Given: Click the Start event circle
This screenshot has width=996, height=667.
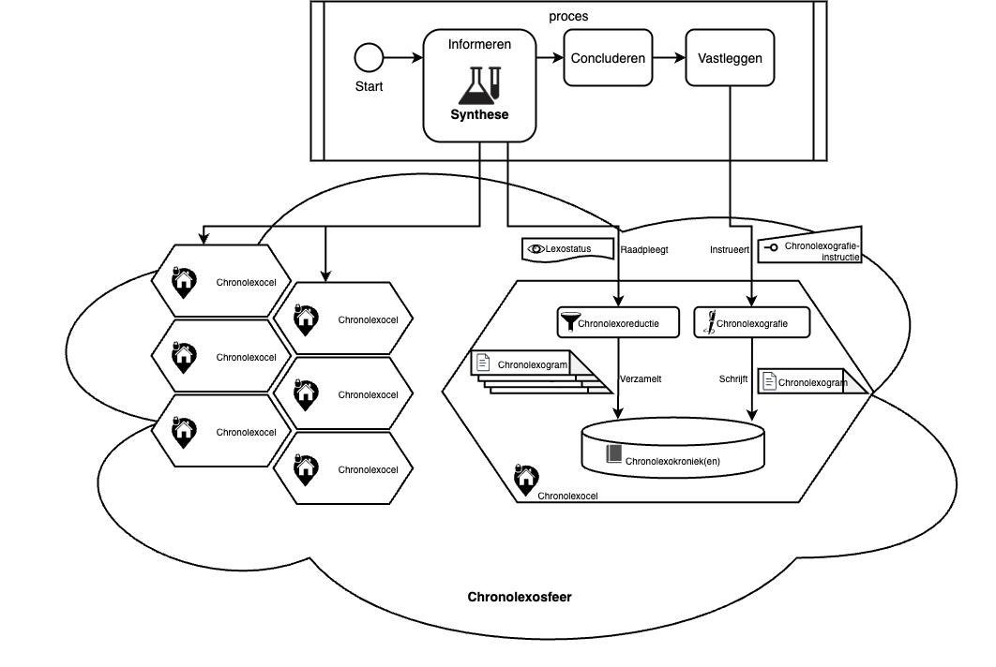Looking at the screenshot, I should [x=369, y=58].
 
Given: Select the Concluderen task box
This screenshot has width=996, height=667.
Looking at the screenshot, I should [x=608, y=57].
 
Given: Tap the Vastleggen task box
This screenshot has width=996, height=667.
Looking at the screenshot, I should [x=730, y=57].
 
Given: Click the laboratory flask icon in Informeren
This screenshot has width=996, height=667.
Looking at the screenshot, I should [x=478, y=85].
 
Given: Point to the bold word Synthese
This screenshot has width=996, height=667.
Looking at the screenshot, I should [x=478, y=115].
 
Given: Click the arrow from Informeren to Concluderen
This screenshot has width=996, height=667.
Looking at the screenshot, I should [x=550, y=58].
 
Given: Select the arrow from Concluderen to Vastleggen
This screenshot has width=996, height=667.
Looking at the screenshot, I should [x=669, y=58].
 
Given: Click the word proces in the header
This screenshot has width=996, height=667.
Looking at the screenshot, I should [x=568, y=16].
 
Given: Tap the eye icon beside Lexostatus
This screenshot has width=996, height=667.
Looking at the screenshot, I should [x=536, y=249].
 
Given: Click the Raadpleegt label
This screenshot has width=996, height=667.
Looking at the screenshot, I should [x=644, y=250].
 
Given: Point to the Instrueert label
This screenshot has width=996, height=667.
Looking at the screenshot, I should [x=731, y=250].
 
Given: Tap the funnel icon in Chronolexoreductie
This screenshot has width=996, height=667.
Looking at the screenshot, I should [x=569, y=324].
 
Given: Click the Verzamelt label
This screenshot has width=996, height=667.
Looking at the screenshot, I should [x=641, y=379].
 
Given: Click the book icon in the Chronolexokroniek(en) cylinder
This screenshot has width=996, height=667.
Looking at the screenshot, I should [x=614, y=454].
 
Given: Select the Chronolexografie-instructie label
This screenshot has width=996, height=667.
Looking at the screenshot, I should [x=821, y=250].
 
